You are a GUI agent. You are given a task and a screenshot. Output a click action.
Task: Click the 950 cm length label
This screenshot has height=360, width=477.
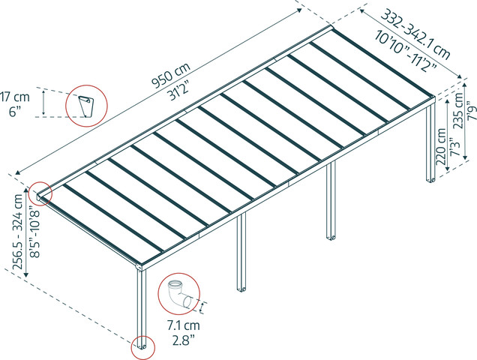[x=171, y=75]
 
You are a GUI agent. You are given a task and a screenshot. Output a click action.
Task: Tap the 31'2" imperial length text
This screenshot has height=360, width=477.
[x=181, y=91]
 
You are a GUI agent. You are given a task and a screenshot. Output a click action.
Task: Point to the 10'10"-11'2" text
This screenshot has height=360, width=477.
[x=406, y=51]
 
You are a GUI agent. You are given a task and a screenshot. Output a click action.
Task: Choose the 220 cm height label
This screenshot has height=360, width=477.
[x=441, y=147]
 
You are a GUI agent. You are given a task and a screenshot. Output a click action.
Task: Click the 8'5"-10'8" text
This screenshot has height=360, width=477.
[x=34, y=232]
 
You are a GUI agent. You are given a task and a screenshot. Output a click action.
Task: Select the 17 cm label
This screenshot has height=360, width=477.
[x=15, y=97]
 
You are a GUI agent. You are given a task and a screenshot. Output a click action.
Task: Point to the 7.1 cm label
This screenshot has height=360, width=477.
[x=183, y=325]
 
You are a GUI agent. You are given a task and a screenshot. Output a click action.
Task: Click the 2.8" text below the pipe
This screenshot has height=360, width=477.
[x=183, y=340]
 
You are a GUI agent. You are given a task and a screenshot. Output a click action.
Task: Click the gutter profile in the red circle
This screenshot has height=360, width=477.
[x=85, y=106]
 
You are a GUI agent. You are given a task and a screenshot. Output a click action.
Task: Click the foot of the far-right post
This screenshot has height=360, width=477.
[x=431, y=180]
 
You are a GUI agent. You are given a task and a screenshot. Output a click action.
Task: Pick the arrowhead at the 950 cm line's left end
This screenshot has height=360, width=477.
[x=18, y=172]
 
